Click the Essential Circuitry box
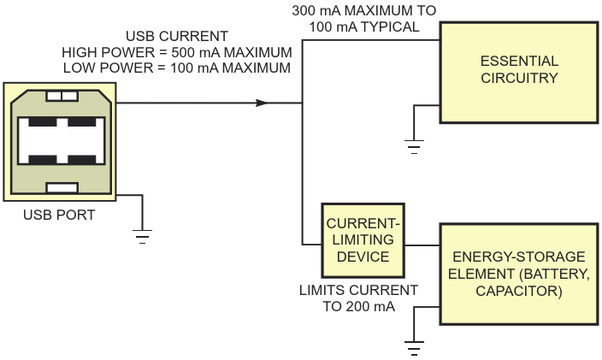(518, 71)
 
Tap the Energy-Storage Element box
(518, 274)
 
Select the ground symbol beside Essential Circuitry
(415, 147)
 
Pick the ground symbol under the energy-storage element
(415, 347)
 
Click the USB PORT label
(59, 215)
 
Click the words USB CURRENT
(177, 37)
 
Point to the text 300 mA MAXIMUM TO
(364, 11)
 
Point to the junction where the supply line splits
(302, 103)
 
